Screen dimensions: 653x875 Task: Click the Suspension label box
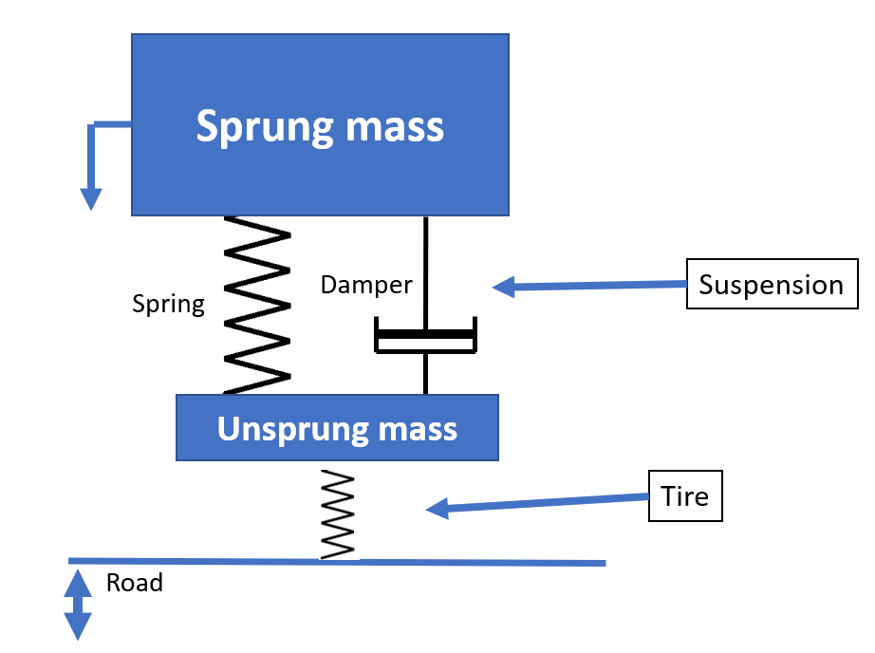[771, 285]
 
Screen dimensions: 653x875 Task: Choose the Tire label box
[685, 495]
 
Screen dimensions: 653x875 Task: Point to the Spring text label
[168, 304]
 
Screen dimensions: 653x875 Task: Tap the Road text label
[134, 582]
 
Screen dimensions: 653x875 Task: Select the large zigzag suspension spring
[256, 304]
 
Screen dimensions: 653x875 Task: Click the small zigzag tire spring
[337, 513]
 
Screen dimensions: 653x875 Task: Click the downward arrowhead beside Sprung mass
[90, 198]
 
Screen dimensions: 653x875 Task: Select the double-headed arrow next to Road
[77, 605]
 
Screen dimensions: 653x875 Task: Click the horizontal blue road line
[475, 562]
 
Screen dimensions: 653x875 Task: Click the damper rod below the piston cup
[425, 374]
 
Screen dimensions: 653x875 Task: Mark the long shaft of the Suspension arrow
[598, 285]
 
